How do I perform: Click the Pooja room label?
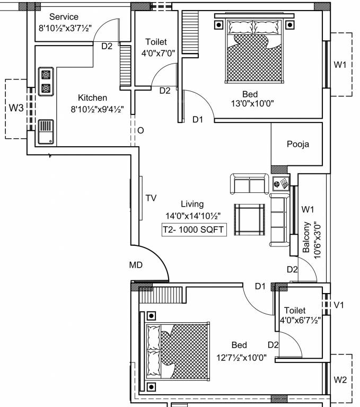[x=298, y=144]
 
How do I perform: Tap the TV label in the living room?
[x=151, y=198]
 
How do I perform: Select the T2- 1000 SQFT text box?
[x=194, y=229]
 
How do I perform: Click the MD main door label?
[x=136, y=265]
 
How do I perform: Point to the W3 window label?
[x=16, y=108]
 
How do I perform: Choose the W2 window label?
[x=340, y=380]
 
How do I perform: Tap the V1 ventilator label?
[x=339, y=305]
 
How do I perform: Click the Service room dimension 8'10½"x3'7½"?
[x=65, y=28]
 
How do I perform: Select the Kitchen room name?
[x=92, y=98]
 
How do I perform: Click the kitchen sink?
[x=46, y=132]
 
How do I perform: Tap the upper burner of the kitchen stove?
[x=46, y=75]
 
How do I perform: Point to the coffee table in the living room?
[x=249, y=219]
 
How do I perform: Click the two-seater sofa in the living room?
[x=249, y=184]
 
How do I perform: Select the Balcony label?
[x=306, y=237]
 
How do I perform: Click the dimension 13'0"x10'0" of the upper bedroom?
[x=252, y=103]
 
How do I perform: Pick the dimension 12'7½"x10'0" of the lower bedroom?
[x=242, y=358]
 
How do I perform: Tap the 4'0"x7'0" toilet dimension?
[x=158, y=54]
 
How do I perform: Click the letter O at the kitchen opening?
[x=141, y=130]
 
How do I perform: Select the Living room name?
[x=192, y=204]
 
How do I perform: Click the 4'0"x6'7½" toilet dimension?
[x=301, y=320]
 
